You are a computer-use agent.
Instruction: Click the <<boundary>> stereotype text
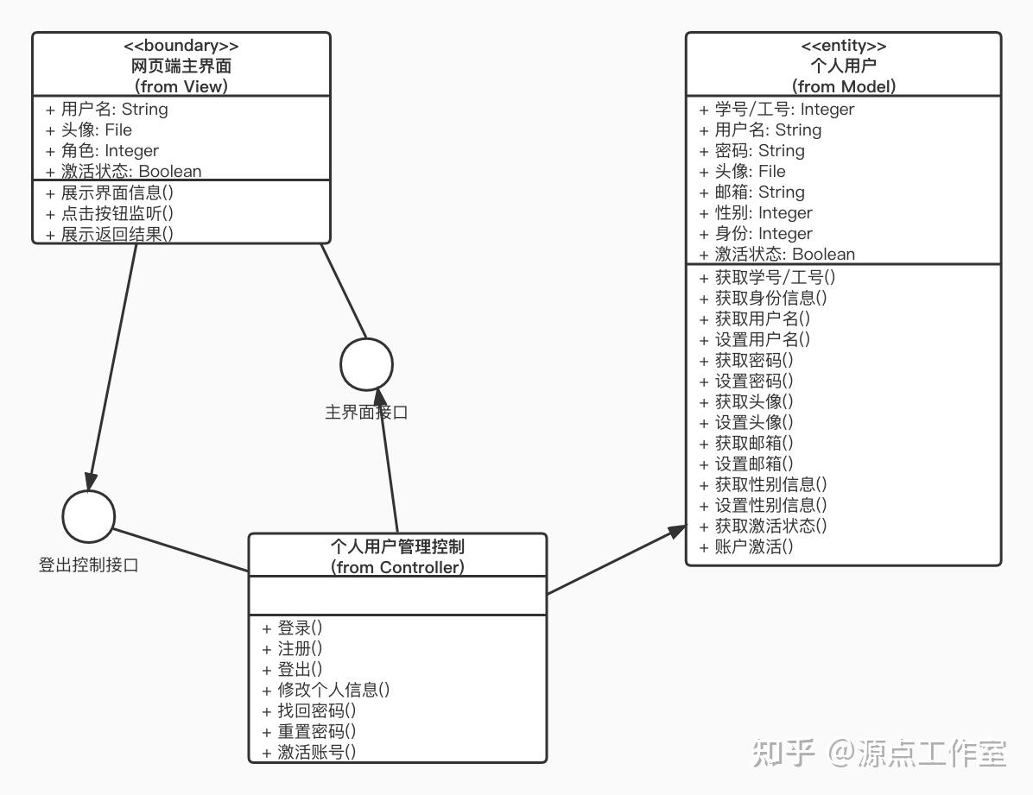click(x=181, y=46)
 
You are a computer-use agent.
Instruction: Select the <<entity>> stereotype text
click(x=843, y=46)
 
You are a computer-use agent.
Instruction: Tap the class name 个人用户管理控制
click(x=397, y=546)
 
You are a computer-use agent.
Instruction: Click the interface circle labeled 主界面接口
click(x=366, y=364)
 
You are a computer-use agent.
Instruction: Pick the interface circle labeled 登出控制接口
click(x=88, y=516)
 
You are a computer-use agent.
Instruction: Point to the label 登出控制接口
click(x=88, y=565)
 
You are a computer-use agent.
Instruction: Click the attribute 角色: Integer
click(x=102, y=150)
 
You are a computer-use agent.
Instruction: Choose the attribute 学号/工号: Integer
click(x=776, y=109)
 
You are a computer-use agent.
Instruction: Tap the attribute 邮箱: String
click(x=751, y=192)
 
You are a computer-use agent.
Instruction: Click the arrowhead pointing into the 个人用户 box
click(x=677, y=530)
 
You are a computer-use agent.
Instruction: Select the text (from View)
click(x=181, y=86)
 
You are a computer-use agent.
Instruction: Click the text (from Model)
click(x=843, y=86)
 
